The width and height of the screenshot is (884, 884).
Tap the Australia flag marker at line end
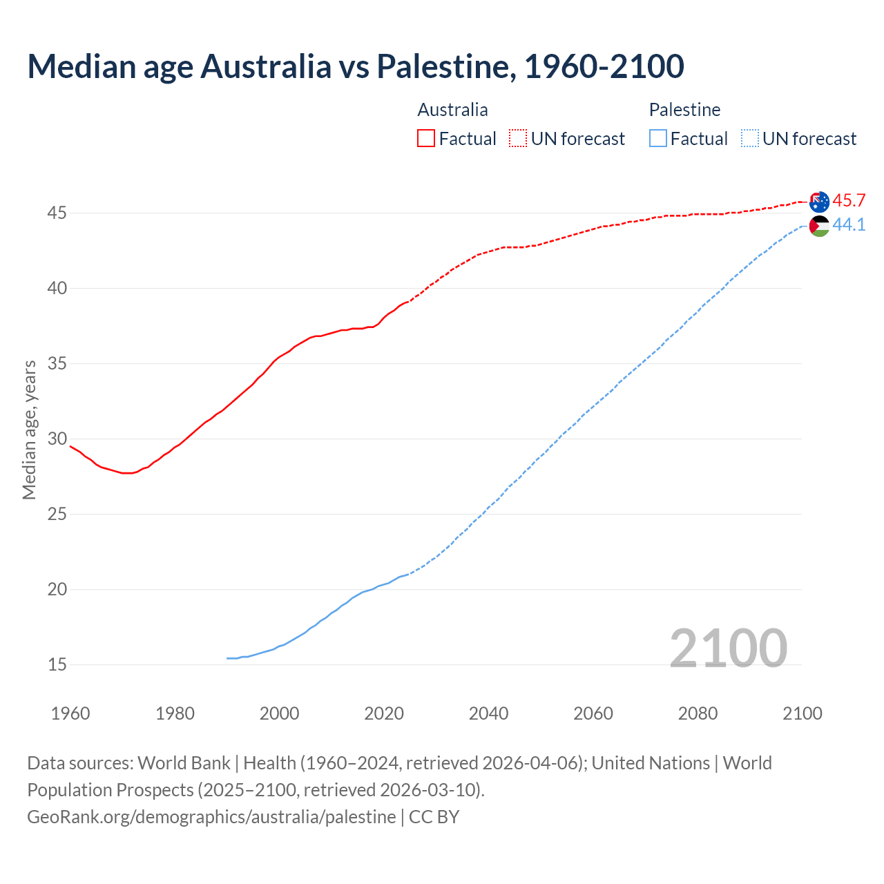point(819,202)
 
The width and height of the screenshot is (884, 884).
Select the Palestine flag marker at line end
point(819,226)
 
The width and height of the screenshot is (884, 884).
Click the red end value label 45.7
point(849,201)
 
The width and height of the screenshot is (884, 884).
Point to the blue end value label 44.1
point(849,225)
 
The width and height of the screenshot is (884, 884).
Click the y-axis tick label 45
point(57,213)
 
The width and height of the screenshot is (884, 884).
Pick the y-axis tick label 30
point(57,439)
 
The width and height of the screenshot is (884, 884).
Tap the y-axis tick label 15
point(57,665)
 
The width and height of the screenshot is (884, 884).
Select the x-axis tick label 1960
point(70,713)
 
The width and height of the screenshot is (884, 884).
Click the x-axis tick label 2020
point(384,713)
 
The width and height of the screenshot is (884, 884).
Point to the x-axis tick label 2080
point(698,713)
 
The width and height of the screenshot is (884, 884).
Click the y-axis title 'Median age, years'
point(29,430)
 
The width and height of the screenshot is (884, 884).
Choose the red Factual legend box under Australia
point(426,139)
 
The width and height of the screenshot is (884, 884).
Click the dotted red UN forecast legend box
point(518,139)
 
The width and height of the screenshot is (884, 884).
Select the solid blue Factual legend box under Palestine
point(658,139)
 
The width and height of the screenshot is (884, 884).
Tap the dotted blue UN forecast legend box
point(750,139)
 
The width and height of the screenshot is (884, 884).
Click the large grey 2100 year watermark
point(729,648)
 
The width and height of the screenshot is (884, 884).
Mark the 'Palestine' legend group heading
point(684,110)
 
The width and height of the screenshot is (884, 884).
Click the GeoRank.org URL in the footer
point(211,817)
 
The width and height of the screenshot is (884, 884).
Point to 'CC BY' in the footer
point(434,817)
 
